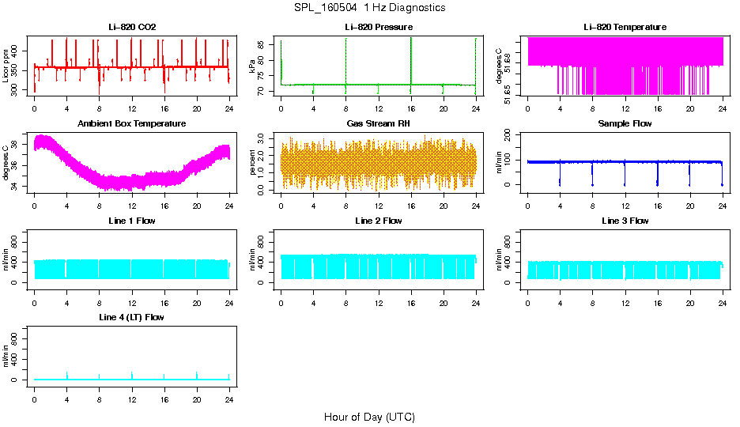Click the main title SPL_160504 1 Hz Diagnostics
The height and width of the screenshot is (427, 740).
pyautogui.click(x=369, y=8)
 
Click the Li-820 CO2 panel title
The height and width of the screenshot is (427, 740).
pyautogui.click(x=132, y=27)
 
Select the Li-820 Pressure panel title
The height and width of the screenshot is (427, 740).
pyautogui.click(x=378, y=27)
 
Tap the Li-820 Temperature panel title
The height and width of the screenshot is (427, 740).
pyautogui.click(x=625, y=27)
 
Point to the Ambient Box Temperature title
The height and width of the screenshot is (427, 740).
pyautogui.click(x=132, y=124)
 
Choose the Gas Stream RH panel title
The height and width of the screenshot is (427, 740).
pyautogui.click(x=378, y=124)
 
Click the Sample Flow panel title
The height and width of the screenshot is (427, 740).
pyautogui.click(x=625, y=124)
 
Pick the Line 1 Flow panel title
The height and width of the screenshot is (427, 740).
pyautogui.click(x=132, y=221)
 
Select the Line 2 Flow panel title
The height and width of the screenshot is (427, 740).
pyautogui.click(x=378, y=221)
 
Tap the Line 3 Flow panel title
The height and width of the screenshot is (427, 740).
pyautogui.click(x=625, y=221)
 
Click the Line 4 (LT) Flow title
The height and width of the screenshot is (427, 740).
pyautogui.click(x=132, y=317)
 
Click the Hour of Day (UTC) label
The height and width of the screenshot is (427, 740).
pyautogui.click(x=369, y=417)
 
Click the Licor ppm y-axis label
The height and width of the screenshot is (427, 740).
pyautogui.click(x=6, y=67)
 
